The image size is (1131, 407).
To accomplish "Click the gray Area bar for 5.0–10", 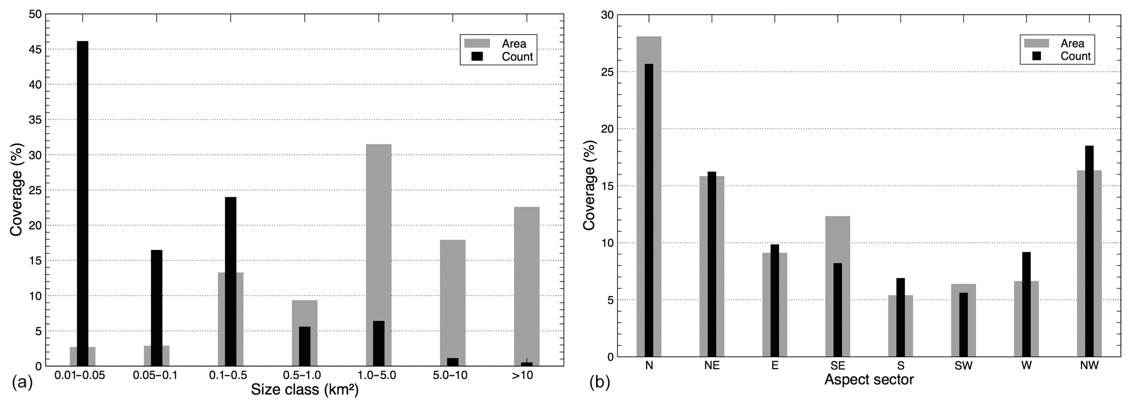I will tap(453, 295).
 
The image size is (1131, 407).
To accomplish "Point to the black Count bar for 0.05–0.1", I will tap(156, 306).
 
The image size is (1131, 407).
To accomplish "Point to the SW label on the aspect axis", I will tap(963, 366).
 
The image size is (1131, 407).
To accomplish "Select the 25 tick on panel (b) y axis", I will tap(606, 72).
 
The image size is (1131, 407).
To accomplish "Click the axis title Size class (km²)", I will tap(305, 391).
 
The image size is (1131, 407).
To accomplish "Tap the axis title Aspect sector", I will tap(869, 379).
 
